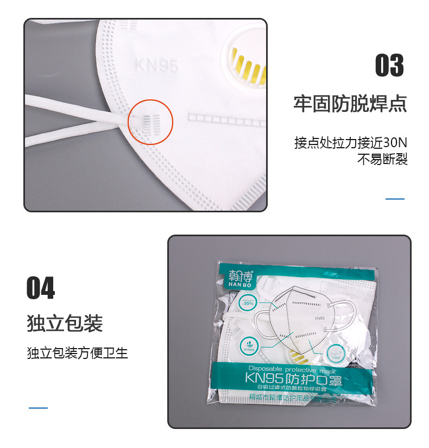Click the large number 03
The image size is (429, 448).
click(389, 66)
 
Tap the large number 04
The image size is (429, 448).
click(41, 288)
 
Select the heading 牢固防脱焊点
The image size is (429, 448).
click(350, 103)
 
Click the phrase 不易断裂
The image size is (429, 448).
click(382, 160)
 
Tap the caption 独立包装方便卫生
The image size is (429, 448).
click(77, 353)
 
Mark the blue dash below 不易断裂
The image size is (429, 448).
click(395, 199)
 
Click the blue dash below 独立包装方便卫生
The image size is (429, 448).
click(38, 408)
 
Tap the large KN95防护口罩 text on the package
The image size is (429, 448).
click(294, 377)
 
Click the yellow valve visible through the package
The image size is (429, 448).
click(297, 356)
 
